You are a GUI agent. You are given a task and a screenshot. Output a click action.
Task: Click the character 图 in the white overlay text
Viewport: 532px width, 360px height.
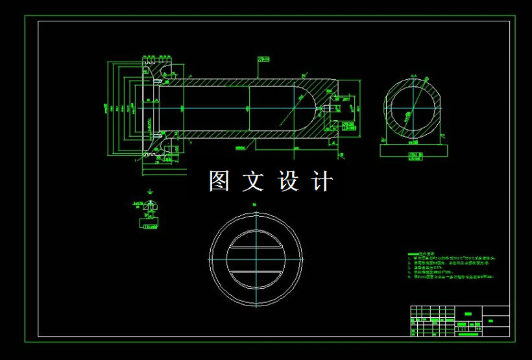click(x=220, y=182)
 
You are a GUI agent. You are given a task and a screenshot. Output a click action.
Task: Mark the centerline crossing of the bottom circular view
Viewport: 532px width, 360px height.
click(x=256, y=258)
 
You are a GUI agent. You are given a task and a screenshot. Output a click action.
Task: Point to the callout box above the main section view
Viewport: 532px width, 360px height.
click(x=263, y=60)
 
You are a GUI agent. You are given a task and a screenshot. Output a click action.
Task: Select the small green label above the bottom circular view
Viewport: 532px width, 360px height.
click(x=254, y=205)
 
